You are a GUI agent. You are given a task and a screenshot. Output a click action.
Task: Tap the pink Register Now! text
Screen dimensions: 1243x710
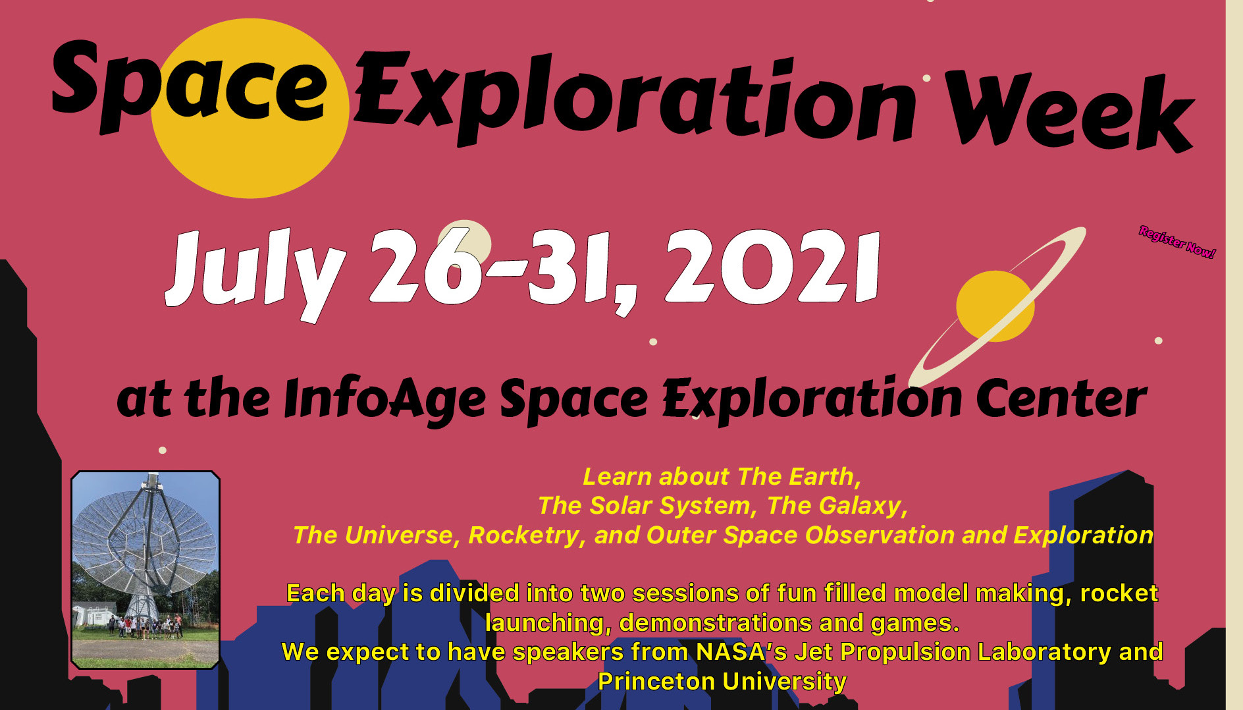tap(1177, 242)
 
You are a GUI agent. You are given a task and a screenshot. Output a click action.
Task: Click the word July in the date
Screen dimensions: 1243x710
tap(255, 274)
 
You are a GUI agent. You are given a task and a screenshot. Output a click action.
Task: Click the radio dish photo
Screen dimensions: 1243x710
tap(145, 570)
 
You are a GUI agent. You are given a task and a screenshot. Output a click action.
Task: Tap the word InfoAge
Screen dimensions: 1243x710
tap(385, 400)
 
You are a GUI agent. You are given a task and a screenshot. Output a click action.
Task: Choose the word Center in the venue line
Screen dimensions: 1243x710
tap(1061, 398)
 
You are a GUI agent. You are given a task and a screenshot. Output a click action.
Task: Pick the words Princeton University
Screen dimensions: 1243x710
tap(722, 681)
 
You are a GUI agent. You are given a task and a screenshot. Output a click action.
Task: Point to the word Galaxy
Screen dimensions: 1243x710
tap(861, 506)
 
